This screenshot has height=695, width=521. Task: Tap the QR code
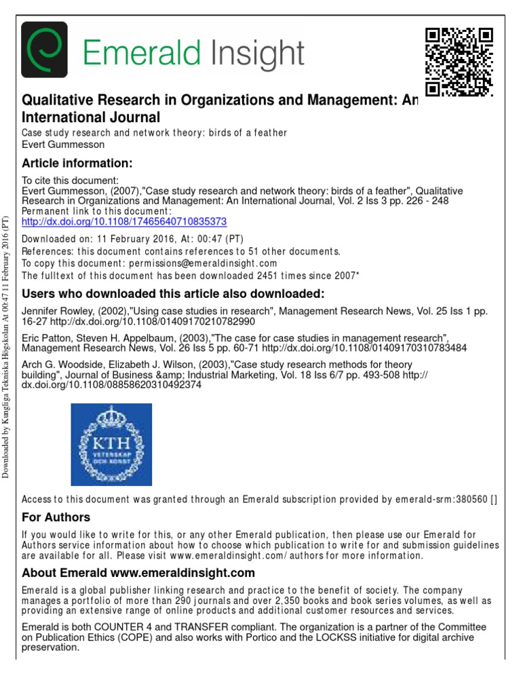point(458,62)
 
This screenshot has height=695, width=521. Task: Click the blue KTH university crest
point(111,444)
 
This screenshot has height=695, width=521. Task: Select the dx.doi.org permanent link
point(124,221)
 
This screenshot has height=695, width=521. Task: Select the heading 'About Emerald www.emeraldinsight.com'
point(138,573)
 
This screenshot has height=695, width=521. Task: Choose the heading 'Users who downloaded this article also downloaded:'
point(174,294)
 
